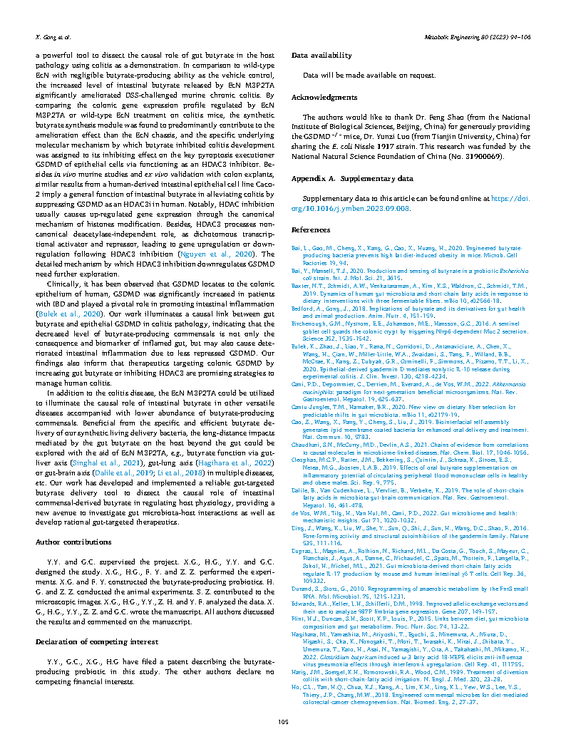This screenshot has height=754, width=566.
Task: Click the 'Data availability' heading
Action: point(321,55)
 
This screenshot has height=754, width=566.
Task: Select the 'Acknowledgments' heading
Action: point(324,97)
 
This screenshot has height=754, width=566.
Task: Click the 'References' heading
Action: point(311,230)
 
